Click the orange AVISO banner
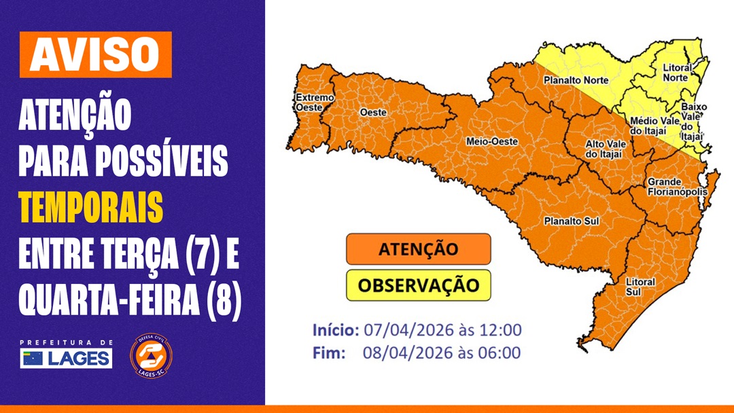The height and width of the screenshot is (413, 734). (95, 54)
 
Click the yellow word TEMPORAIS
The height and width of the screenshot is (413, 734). (91, 209)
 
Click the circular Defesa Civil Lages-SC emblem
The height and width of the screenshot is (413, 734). (151, 357)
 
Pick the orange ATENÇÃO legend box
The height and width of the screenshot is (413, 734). (418, 249)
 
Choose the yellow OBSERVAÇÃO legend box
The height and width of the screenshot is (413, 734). (418, 284)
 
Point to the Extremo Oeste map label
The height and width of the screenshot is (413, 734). (314, 102)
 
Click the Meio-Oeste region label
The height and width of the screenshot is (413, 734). (491, 141)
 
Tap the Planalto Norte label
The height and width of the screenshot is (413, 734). (575, 79)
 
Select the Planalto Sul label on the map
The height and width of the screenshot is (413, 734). (571, 221)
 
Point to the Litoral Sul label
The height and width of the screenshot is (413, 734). (641, 287)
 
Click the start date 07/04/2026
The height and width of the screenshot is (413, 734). (398, 331)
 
